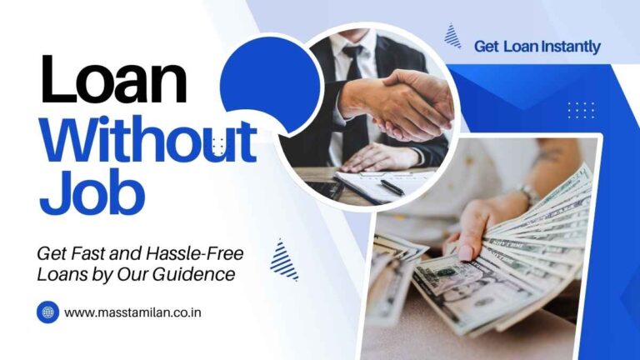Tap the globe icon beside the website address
coord(47,312)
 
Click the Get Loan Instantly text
coord(537,47)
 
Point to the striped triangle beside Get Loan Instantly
coord(452,36)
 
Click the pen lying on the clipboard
coord(391,187)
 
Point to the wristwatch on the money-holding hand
coord(527,195)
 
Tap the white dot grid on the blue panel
coord(581,109)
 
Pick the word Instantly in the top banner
coord(572,47)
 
